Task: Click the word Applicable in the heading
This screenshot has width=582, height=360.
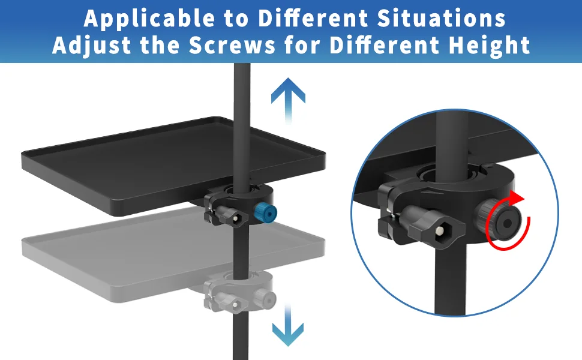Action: click(x=149, y=18)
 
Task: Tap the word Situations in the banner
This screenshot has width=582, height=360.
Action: click(x=442, y=18)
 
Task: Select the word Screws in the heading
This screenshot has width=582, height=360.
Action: click(x=232, y=45)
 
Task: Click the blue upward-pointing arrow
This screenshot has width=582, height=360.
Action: click(x=288, y=100)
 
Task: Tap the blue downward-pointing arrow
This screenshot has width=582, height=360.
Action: click(x=287, y=325)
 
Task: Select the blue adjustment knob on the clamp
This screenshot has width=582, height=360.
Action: click(x=266, y=213)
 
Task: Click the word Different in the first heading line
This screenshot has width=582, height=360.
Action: click(x=314, y=18)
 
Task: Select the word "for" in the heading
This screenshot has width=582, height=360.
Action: click(x=302, y=45)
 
